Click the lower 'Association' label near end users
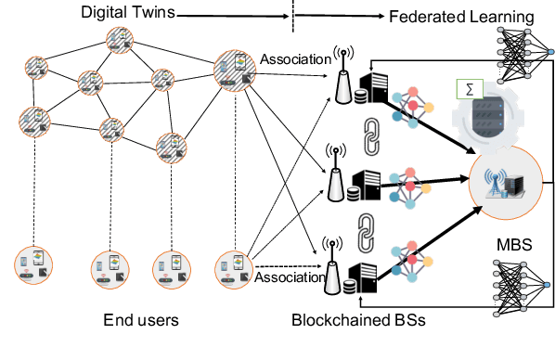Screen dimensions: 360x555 tap(286, 276)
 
